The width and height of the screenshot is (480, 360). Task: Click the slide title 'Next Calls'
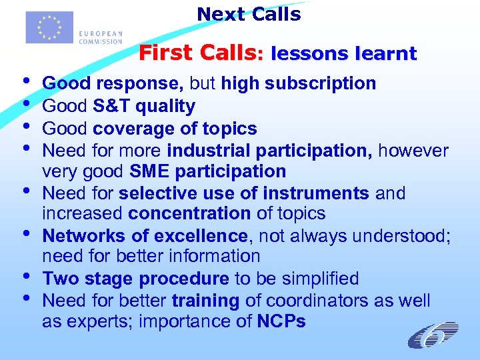pos(249,14)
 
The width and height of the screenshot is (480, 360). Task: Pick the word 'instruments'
pos(317,193)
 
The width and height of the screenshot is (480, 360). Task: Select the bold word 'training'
pos(205,301)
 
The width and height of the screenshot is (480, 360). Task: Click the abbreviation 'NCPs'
pos(281,322)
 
